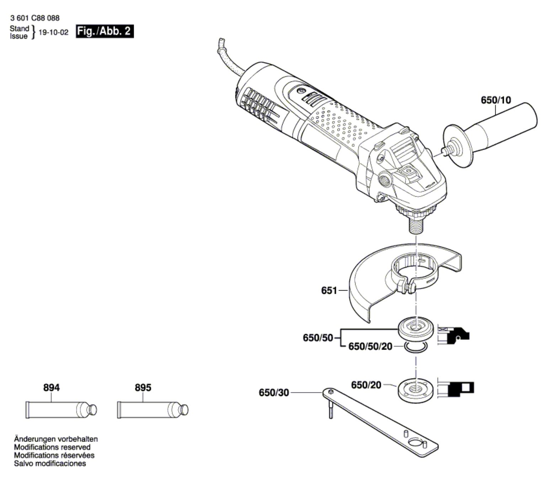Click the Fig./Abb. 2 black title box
click(105, 31)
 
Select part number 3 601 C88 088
click(35, 18)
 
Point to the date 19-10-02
click(53, 32)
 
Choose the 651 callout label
click(329, 291)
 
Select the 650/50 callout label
click(318, 338)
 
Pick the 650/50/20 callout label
click(370, 346)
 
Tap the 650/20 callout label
click(366, 385)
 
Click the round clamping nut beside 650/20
click(415, 390)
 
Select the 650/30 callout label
click(273, 393)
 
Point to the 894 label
click(52, 387)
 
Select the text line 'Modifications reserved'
click(52, 447)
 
